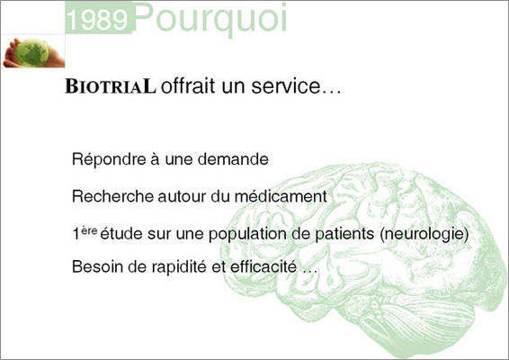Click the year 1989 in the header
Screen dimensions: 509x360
coord(99,20)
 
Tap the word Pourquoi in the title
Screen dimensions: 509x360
coord(211,18)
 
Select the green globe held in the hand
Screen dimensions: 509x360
coord(31,53)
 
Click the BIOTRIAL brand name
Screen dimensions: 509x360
coord(111,86)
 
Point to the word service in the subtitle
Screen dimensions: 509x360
coord(286,86)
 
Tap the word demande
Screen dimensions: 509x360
coord(233,159)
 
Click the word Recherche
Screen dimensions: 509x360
coord(112,196)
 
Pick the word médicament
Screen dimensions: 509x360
coord(281,196)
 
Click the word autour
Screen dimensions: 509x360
coord(183,197)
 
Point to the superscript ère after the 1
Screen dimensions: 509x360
coord(89,230)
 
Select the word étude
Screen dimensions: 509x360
coord(121,233)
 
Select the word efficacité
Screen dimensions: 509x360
coord(263,266)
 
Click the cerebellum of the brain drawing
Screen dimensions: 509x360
coord(419,320)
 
